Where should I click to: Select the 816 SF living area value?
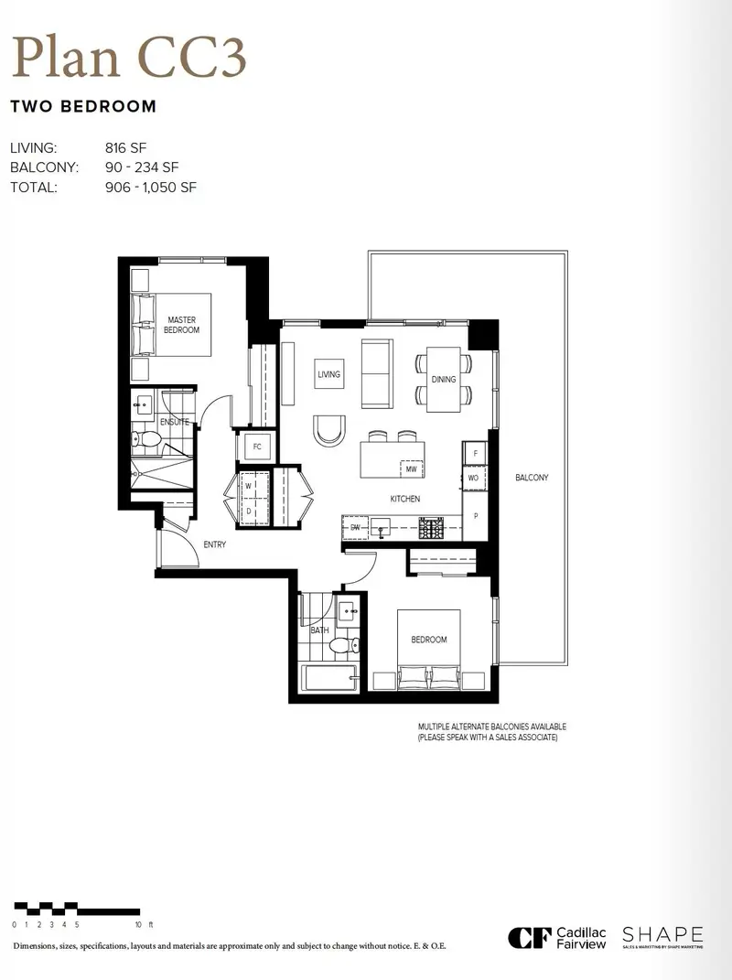click(x=126, y=146)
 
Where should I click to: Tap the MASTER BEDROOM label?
click(x=182, y=325)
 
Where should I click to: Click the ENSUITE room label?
click(x=174, y=422)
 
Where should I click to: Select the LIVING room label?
click(x=328, y=374)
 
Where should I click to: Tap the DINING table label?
click(x=444, y=379)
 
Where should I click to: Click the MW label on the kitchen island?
click(x=412, y=468)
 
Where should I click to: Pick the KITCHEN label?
click(x=404, y=499)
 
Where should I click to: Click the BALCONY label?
click(x=532, y=478)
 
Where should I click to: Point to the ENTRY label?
click(x=215, y=544)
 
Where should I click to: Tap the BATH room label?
click(x=318, y=630)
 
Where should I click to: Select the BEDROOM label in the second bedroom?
click(x=428, y=640)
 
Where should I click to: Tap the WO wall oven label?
click(x=473, y=478)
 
